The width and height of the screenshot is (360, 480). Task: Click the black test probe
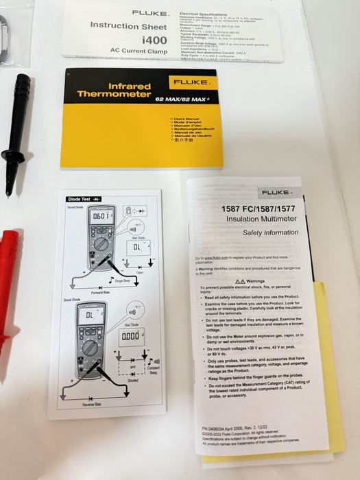pos(16,130)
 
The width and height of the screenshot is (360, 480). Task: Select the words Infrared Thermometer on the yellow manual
pos(115,88)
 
